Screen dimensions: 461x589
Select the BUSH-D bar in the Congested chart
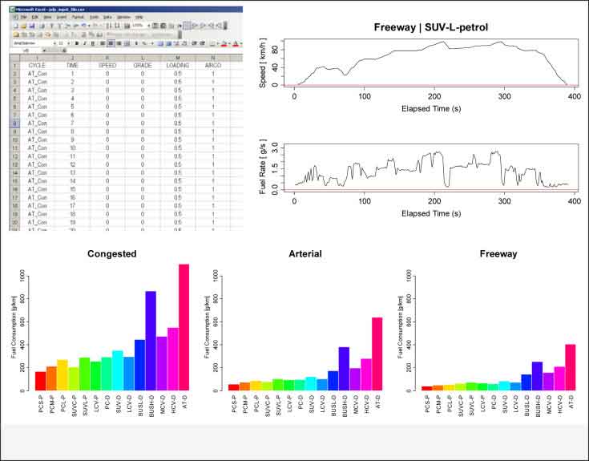(151, 341)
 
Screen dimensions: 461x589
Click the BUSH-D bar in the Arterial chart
(345, 369)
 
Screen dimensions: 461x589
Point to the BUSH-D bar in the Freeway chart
(538, 376)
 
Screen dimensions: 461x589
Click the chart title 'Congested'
(112, 254)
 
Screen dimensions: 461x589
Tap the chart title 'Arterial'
(305, 254)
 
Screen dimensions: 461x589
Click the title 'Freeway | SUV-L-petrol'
(431, 28)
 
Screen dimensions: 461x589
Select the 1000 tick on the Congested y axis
(25, 276)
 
